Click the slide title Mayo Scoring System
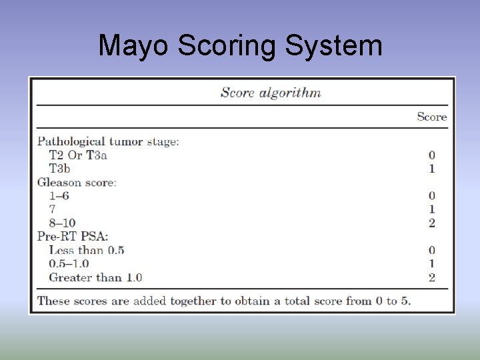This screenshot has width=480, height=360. point(240,46)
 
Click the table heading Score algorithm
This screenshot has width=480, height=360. point(271,93)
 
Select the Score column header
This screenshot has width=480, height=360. point(431,117)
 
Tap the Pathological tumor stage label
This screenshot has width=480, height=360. point(108,141)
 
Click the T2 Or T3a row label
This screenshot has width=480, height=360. point(78,155)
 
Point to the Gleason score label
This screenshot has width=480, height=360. point(77,182)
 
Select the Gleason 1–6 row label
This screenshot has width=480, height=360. point(59,196)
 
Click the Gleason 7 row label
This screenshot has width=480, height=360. point(53,209)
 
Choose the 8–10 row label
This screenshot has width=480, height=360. point(62,223)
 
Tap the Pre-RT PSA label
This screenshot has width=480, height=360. point(73,236)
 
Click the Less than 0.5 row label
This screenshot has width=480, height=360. point(87,250)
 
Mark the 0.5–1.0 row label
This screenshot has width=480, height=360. point(69,264)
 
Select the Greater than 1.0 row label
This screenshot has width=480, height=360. point(95,277)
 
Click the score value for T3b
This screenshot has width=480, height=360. point(432,169)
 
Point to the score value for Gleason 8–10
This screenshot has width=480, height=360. point(432,223)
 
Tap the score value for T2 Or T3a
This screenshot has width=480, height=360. point(432,155)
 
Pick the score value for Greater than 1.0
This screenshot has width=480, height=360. point(432,277)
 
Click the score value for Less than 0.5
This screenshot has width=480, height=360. point(432,250)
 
